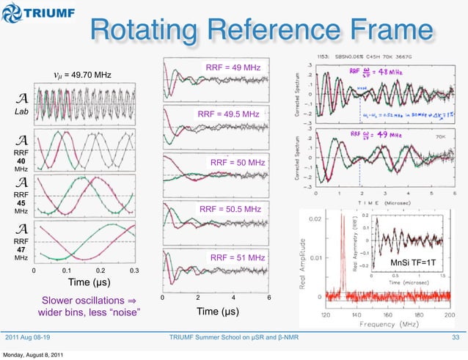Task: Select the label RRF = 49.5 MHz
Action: pyautogui.click(x=228, y=115)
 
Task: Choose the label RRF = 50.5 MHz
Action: pyautogui.click(x=230, y=210)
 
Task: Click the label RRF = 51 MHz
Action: pyautogui.click(x=235, y=258)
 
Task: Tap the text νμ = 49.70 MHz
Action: pyautogui.click(x=83, y=75)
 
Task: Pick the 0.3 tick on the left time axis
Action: pyautogui.click(x=134, y=271)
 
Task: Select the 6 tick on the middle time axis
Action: pyautogui.click(x=268, y=298)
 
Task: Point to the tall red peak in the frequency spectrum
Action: pyautogui.click(x=342, y=249)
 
